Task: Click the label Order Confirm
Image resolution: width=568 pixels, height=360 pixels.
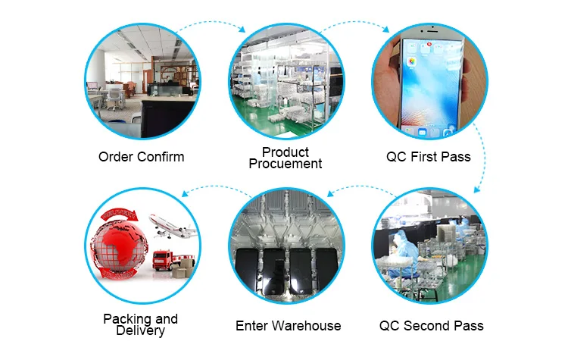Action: [x=141, y=157]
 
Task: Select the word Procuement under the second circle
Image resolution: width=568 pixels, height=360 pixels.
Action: [x=286, y=164]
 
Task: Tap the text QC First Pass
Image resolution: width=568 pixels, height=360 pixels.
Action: [x=429, y=157]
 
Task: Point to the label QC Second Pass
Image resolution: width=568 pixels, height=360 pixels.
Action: [x=431, y=326]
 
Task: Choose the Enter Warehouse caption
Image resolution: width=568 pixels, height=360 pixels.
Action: [x=288, y=326]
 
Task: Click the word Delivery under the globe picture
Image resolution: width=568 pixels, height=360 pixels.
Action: [x=141, y=330]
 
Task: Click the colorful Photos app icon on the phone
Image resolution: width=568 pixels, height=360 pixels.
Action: [x=414, y=60]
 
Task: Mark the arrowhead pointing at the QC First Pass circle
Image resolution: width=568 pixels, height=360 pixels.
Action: [x=388, y=30]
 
